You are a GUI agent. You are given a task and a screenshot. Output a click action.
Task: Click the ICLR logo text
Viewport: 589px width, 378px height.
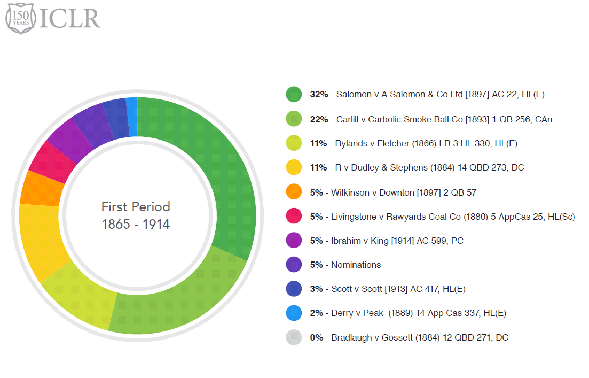coord(70,18)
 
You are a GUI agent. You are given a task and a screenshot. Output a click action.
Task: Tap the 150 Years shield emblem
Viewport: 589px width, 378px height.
coord(19,18)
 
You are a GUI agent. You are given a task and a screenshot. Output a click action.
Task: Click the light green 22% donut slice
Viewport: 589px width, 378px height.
coord(176,299)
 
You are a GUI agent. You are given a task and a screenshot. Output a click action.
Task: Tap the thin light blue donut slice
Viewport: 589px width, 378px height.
coord(132,117)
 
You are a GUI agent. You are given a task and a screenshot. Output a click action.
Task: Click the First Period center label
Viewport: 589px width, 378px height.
coord(136,215)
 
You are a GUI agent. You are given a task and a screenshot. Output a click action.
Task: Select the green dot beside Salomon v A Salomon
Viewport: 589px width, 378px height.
coord(294,95)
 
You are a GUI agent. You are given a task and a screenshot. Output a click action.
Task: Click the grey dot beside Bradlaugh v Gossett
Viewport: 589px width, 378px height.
coord(294,337)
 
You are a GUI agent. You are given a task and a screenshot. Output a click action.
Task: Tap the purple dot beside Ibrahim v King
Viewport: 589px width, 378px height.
coord(294,241)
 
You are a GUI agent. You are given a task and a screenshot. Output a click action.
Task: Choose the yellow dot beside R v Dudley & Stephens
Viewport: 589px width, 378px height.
coord(294,168)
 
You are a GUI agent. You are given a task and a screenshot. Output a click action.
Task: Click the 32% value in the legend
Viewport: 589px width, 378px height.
coord(319,95)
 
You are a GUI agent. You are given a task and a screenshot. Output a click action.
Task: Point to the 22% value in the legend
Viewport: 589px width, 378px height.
coord(319,119)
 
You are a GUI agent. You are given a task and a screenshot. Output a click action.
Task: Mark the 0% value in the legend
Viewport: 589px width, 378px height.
coord(317,337)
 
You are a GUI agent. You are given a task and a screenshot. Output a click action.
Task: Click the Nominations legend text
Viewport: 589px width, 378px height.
coord(356,265)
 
